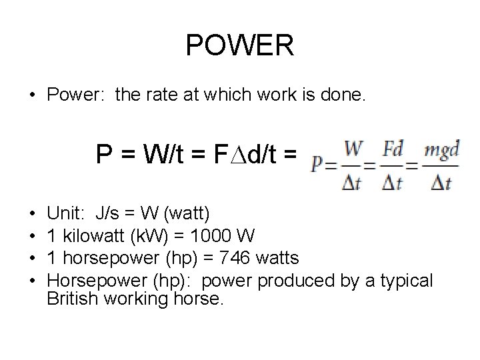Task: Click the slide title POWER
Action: pyautogui.click(x=239, y=45)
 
